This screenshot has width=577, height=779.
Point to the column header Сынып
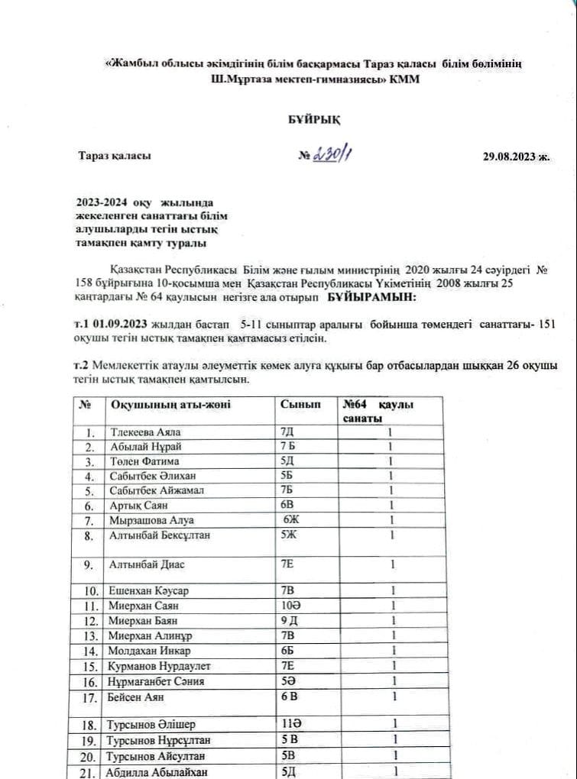301,405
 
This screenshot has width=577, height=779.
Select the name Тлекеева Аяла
145,432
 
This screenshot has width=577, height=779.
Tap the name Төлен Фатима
144,461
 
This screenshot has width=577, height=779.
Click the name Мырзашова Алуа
153,520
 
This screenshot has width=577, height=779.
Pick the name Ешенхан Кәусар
149,591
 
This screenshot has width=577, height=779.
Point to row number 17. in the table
90,697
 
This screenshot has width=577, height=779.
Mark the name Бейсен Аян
138,697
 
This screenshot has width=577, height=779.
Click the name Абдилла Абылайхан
159,771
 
